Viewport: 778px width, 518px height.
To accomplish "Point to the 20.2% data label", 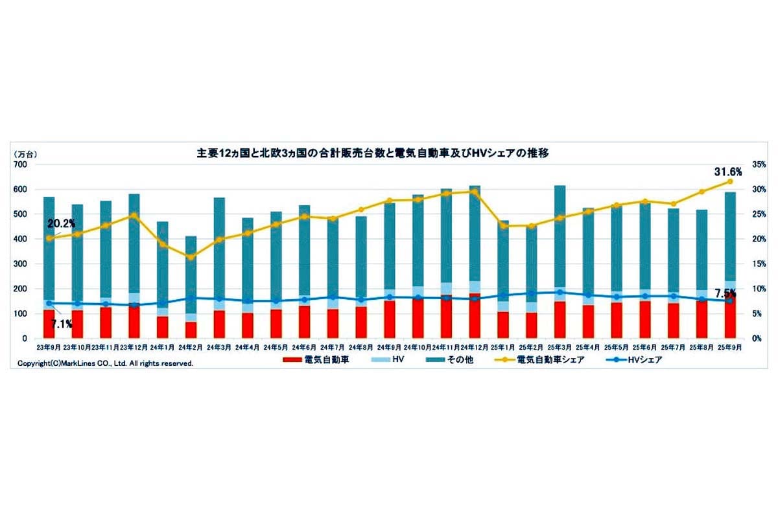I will coord(62,223).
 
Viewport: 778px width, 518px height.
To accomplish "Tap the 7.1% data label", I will coord(62,324).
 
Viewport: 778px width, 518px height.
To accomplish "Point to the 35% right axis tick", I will coord(753,165).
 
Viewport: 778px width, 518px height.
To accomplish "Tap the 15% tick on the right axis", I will coord(753,264).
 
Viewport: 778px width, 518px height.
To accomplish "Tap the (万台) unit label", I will coord(26,154).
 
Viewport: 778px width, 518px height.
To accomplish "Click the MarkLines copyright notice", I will coord(105,364).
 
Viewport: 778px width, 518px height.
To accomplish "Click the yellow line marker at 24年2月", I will coord(190,257).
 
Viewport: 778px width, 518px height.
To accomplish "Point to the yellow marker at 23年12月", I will coord(134,215).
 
